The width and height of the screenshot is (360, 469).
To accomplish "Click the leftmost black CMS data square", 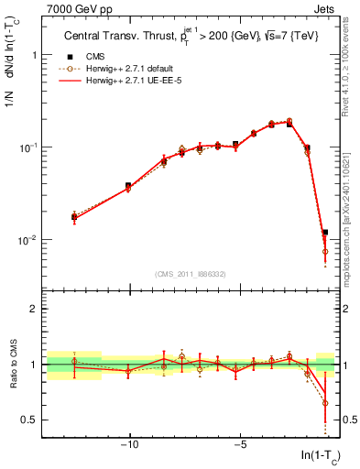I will pos(74,217).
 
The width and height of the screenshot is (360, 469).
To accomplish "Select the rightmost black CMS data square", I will pos(325,233).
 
